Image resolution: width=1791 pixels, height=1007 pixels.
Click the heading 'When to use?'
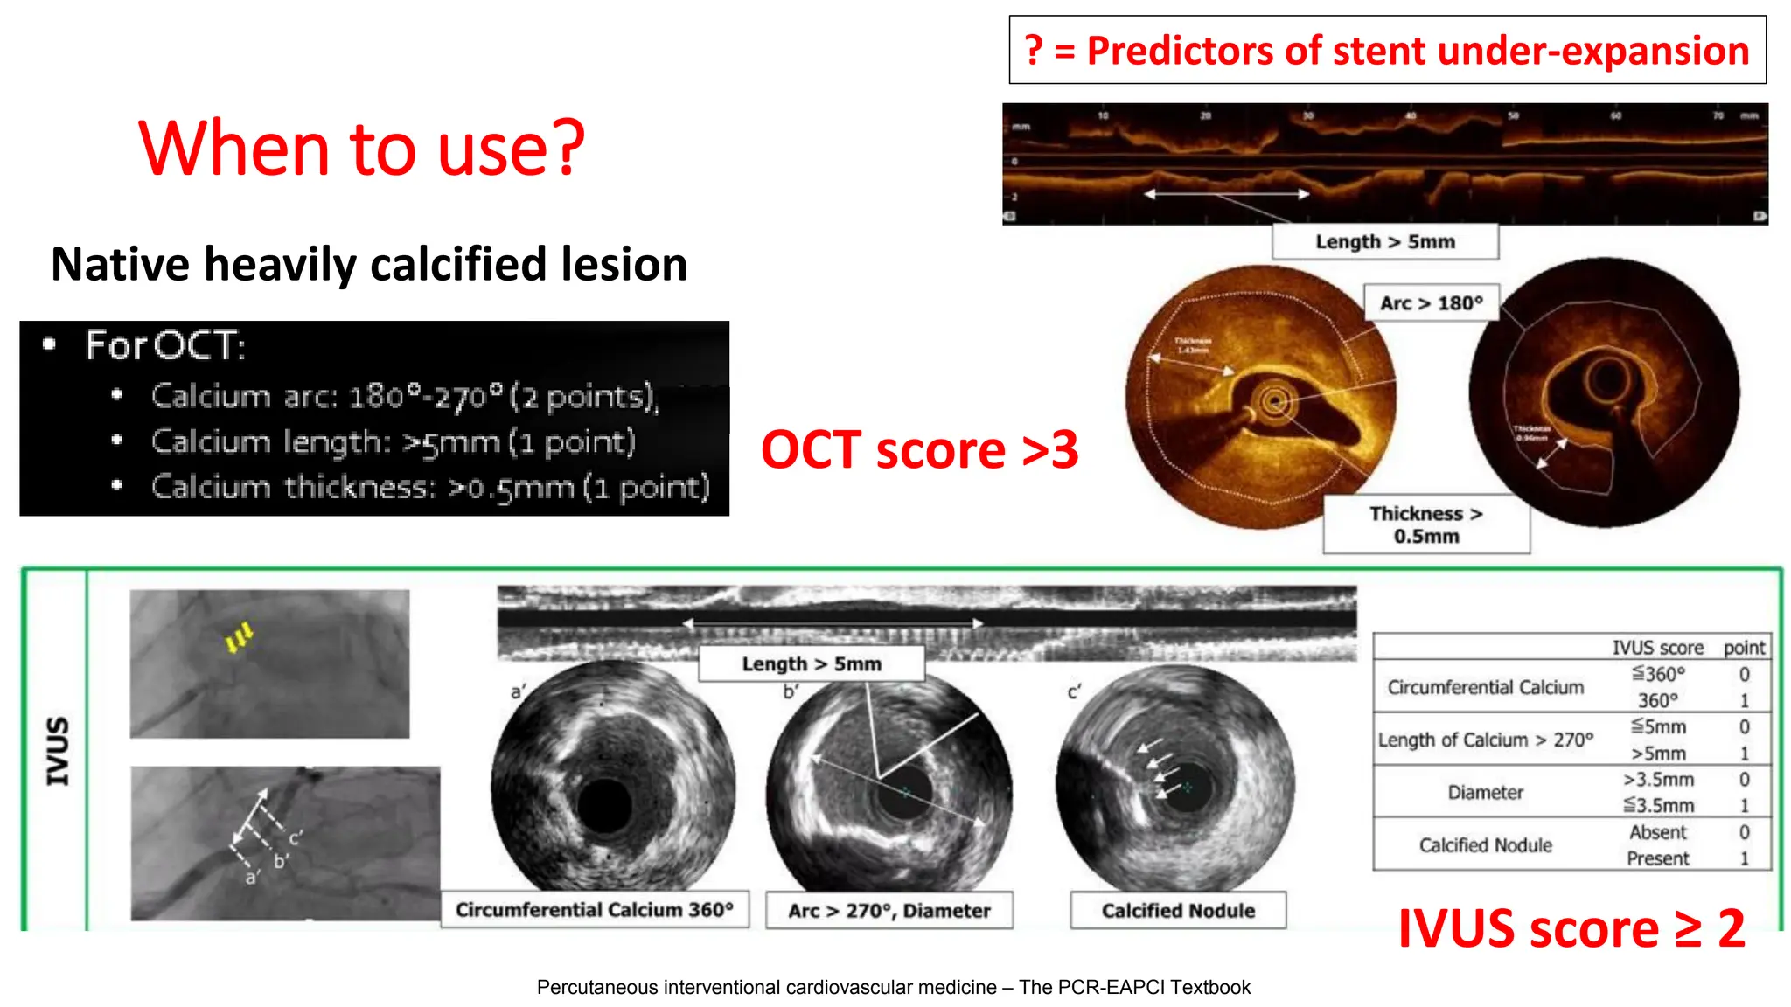[361, 149]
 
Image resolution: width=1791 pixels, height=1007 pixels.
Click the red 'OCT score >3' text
[919, 450]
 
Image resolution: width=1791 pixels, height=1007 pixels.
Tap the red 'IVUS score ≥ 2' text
[1571, 928]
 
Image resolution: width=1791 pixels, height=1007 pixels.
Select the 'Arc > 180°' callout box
[1431, 303]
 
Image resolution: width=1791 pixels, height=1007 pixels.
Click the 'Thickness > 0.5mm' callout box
[1425, 524]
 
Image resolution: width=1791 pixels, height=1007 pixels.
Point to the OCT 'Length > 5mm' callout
[1384, 242]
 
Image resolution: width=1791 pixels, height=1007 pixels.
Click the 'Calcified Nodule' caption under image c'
[1177, 911]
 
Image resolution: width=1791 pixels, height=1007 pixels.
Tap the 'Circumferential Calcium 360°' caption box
[594, 910]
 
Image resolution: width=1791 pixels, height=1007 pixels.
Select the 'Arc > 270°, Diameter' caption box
[889, 911]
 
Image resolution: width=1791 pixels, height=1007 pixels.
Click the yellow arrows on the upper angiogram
[239, 637]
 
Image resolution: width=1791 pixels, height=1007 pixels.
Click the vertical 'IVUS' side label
[58, 751]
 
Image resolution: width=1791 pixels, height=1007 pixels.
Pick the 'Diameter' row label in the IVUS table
[1485, 792]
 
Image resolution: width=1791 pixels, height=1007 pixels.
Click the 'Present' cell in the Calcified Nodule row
[1657, 858]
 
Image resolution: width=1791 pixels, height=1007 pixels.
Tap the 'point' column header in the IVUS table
[1744, 648]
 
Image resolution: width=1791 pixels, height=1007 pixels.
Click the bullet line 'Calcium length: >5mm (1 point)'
[393, 441]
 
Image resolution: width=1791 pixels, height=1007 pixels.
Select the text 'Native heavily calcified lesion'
[369, 264]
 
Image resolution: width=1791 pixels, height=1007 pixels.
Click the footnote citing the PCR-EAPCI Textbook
[893, 987]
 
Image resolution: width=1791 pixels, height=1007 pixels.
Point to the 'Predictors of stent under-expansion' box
[1387, 51]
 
